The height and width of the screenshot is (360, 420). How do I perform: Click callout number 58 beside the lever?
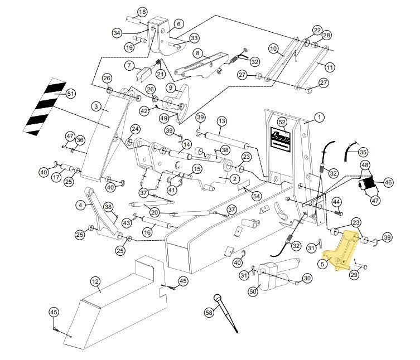point(209,314)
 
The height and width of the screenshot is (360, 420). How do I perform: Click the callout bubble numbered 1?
point(319,118)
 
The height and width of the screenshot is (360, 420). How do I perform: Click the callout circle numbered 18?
point(142,12)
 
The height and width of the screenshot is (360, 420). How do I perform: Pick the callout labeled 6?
point(178,24)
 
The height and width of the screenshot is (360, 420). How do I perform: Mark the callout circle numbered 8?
point(197,53)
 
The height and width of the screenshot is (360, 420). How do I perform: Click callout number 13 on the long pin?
point(222,121)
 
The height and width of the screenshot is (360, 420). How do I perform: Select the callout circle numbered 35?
point(363,151)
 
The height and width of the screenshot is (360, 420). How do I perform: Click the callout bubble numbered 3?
point(96,106)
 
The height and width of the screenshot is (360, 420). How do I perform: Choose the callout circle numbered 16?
point(148,232)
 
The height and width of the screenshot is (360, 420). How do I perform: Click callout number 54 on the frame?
point(256,196)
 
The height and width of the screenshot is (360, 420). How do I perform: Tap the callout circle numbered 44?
point(337,201)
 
